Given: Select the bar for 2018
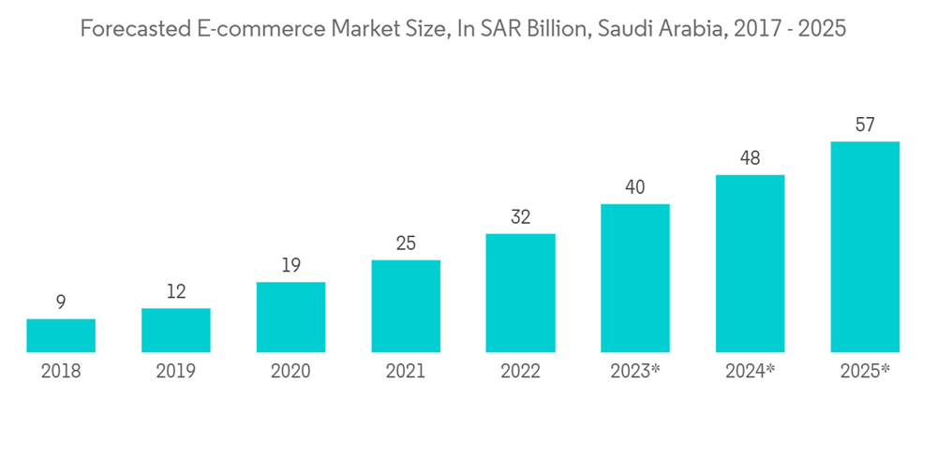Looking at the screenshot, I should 61,335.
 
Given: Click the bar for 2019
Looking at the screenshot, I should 176,330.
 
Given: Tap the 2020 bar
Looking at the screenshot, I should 290,317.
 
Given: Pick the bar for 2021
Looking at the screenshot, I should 406,305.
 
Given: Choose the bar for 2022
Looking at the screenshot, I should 520,292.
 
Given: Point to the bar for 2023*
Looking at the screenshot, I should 635,278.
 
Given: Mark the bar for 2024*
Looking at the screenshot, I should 750,263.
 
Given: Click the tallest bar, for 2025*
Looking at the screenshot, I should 865,246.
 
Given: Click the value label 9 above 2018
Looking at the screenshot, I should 61,302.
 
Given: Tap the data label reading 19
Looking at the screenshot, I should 290,266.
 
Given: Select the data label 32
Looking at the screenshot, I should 520,217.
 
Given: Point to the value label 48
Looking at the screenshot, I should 750,158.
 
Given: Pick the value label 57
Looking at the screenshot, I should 865,125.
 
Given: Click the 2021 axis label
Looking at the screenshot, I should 406,372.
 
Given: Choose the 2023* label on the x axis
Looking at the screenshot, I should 635,372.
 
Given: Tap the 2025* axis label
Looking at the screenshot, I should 865,372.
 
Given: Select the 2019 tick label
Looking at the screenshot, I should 176,372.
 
